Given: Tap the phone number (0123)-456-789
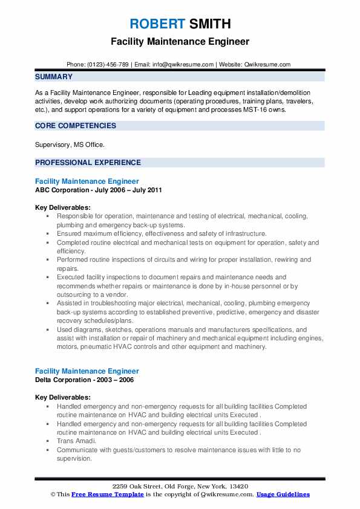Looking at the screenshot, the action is [x=106, y=64].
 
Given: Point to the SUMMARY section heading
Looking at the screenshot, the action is [x=54, y=77].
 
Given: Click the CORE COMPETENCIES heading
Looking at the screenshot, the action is [x=76, y=126].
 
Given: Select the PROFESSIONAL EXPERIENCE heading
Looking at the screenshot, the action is [x=88, y=162].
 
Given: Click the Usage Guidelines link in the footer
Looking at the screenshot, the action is [x=283, y=494].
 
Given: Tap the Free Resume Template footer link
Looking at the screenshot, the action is [x=108, y=494].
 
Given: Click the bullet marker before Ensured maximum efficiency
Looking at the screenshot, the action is [x=48, y=233].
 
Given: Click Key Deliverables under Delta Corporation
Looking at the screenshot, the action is [x=63, y=397].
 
